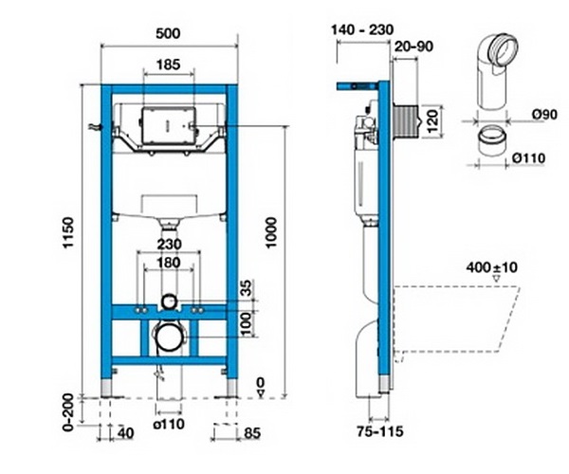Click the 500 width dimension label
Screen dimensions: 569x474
click(168, 33)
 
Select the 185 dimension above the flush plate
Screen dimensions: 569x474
click(169, 64)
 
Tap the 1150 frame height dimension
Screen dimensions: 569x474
click(68, 233)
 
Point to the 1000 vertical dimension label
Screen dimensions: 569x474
click(271, 232)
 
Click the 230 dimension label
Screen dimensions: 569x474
click(169, 244)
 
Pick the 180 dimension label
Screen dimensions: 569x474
click(169, 263)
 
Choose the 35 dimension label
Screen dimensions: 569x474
click(247, 288)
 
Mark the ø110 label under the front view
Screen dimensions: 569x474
click(169, 424)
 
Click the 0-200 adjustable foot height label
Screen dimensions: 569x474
click(68, 412)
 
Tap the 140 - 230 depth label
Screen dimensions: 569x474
click(362, 29)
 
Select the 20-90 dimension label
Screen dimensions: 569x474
click(413, 46)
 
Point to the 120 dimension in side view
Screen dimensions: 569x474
click(432, 122)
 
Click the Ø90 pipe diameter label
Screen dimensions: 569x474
click(544, 115)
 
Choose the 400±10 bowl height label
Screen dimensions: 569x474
click(491, 267)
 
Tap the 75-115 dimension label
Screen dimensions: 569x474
click(380, 431)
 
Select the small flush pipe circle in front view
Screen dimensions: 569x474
click(169, 301)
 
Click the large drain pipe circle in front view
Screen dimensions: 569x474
click(169, 337)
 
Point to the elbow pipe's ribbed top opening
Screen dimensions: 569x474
click(503, 48)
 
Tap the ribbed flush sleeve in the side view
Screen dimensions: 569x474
click(406, 122)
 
